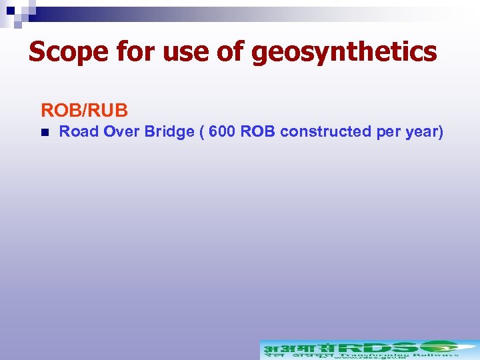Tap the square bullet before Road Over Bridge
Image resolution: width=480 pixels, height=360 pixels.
(x=44, y=132)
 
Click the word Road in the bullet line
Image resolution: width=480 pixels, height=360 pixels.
(x=79, y=131)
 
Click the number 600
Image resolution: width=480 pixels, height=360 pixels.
(x=222, y=131)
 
